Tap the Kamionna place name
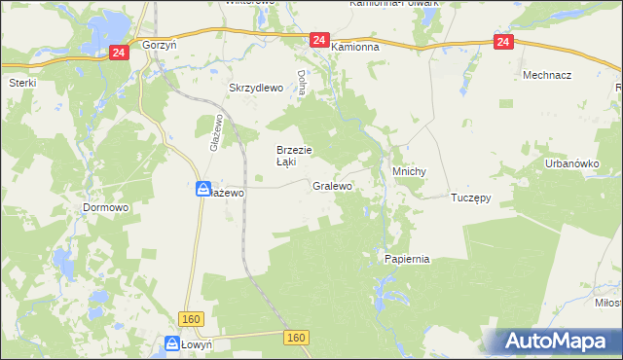coord(354,46)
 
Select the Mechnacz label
coord(546,75)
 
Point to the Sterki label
coord(21,83)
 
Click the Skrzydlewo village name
coord(255,88)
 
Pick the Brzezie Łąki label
coord(293,156)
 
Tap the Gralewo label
coord(332,185)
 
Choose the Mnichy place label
coord(410,171)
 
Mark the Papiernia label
coord(407,260)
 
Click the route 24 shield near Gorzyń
coord(118,53)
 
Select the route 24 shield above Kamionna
coord(319,40)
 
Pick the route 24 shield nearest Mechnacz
coord(502,42)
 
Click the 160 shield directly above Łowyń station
coord(190,320)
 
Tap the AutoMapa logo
coord(560,342)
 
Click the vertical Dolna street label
coord(303,83)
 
